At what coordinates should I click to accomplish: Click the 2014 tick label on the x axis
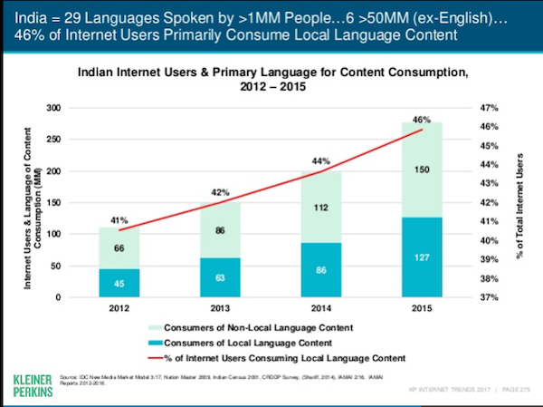point(320,308)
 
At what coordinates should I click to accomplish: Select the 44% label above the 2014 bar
point(320,162)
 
